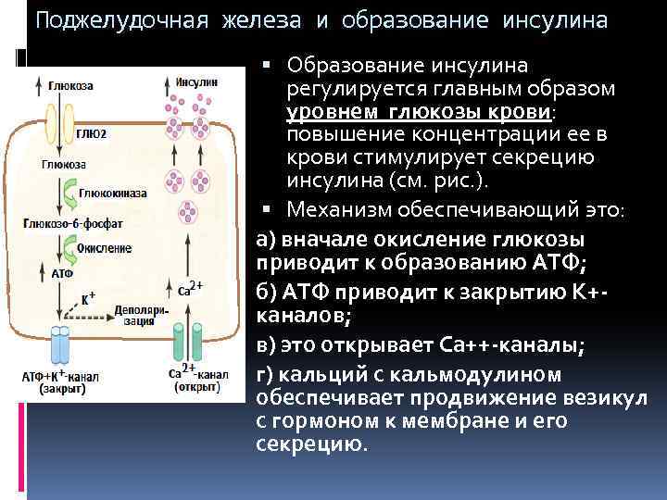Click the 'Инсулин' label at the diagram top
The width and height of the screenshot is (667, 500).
pyautogui.click(x=195, y=81)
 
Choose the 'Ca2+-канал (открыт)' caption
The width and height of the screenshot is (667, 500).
pyautogui.click(x=197, y=379)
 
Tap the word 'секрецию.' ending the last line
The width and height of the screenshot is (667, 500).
pyautogui.click(x=310, y=444)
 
